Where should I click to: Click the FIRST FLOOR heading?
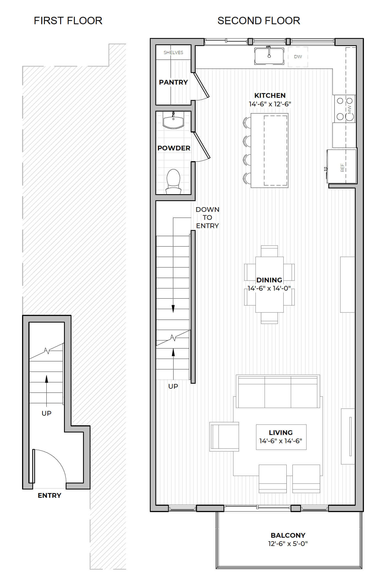pos(68,21)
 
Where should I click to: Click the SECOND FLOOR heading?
pos(259,21)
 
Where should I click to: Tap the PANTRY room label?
pos(173,82)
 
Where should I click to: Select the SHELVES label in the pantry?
pos(173,52)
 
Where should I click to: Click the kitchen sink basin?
pos(269,56)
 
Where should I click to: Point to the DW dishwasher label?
pos(298,56)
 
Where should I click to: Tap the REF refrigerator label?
pos(342,167)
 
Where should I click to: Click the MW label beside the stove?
pos(350,109)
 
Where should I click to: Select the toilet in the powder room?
pos(173,181)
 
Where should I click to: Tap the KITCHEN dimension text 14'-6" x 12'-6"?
pos(270,104)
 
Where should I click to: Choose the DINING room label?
pos(269,280)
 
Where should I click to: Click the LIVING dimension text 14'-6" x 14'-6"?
pos(281,441)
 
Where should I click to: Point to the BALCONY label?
pos(288,535)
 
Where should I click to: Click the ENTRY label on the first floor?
pos(49,495)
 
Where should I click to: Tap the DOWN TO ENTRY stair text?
pos(207,217)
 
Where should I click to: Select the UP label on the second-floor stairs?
pos(173,386)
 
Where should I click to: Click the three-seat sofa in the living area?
pos(278,391)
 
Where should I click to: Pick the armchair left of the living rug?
pos(224,437)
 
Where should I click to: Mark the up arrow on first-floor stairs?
pos(47,391)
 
